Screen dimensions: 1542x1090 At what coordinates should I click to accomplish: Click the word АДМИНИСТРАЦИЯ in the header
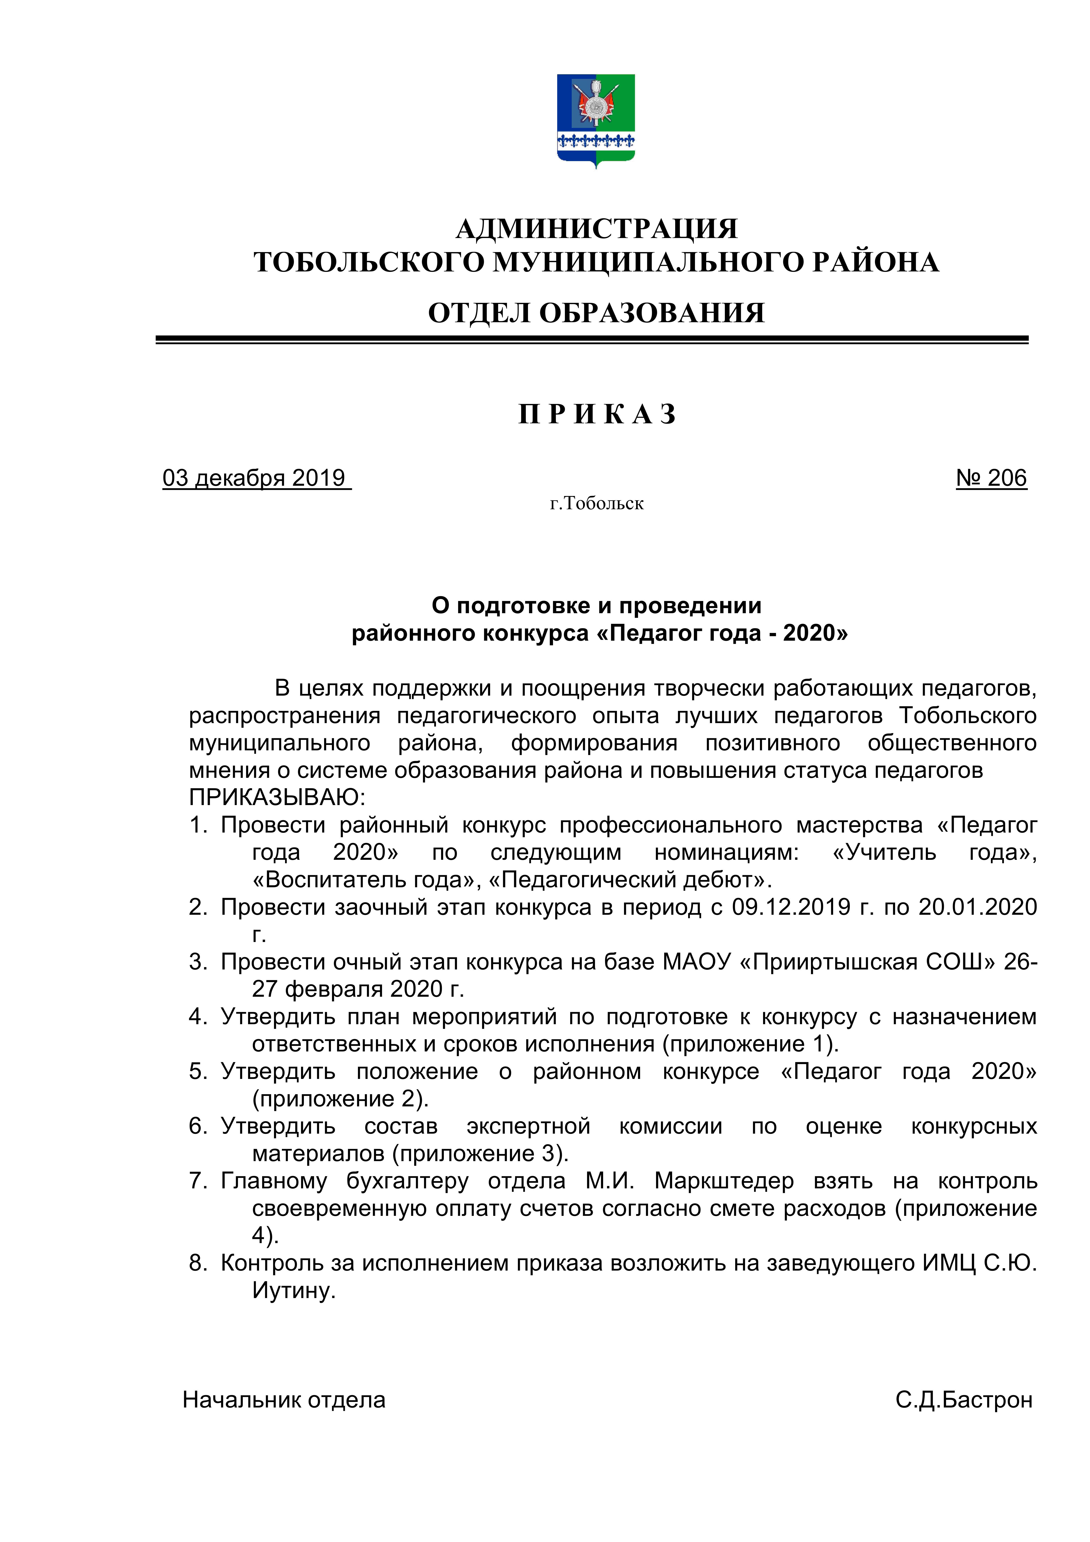596,228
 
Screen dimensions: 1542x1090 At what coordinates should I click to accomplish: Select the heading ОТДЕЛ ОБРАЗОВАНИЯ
596,313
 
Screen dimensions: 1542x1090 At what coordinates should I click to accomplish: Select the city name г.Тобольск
596,504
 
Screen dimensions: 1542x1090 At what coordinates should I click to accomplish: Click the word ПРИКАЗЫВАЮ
277,798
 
